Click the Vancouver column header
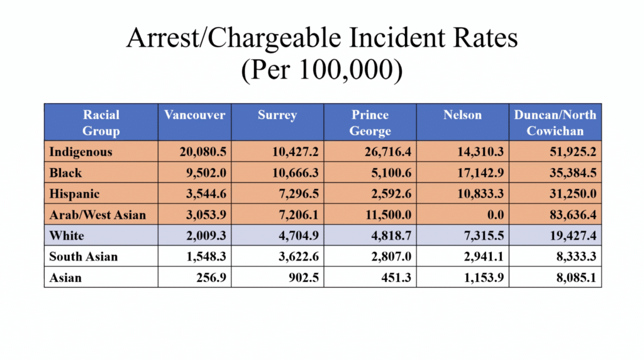[194, 115]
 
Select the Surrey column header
[277, 115]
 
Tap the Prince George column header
[370, 123]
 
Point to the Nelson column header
[462, 115]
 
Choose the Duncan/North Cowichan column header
[555, 123]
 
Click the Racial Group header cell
[101, 123]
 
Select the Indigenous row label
[80, 152]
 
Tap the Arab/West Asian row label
[97, 215]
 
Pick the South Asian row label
[84, 257]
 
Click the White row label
[67, 235]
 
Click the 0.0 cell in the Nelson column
[496, 215]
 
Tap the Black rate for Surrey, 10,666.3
[293, 173]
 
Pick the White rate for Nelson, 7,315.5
[481, 235]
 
